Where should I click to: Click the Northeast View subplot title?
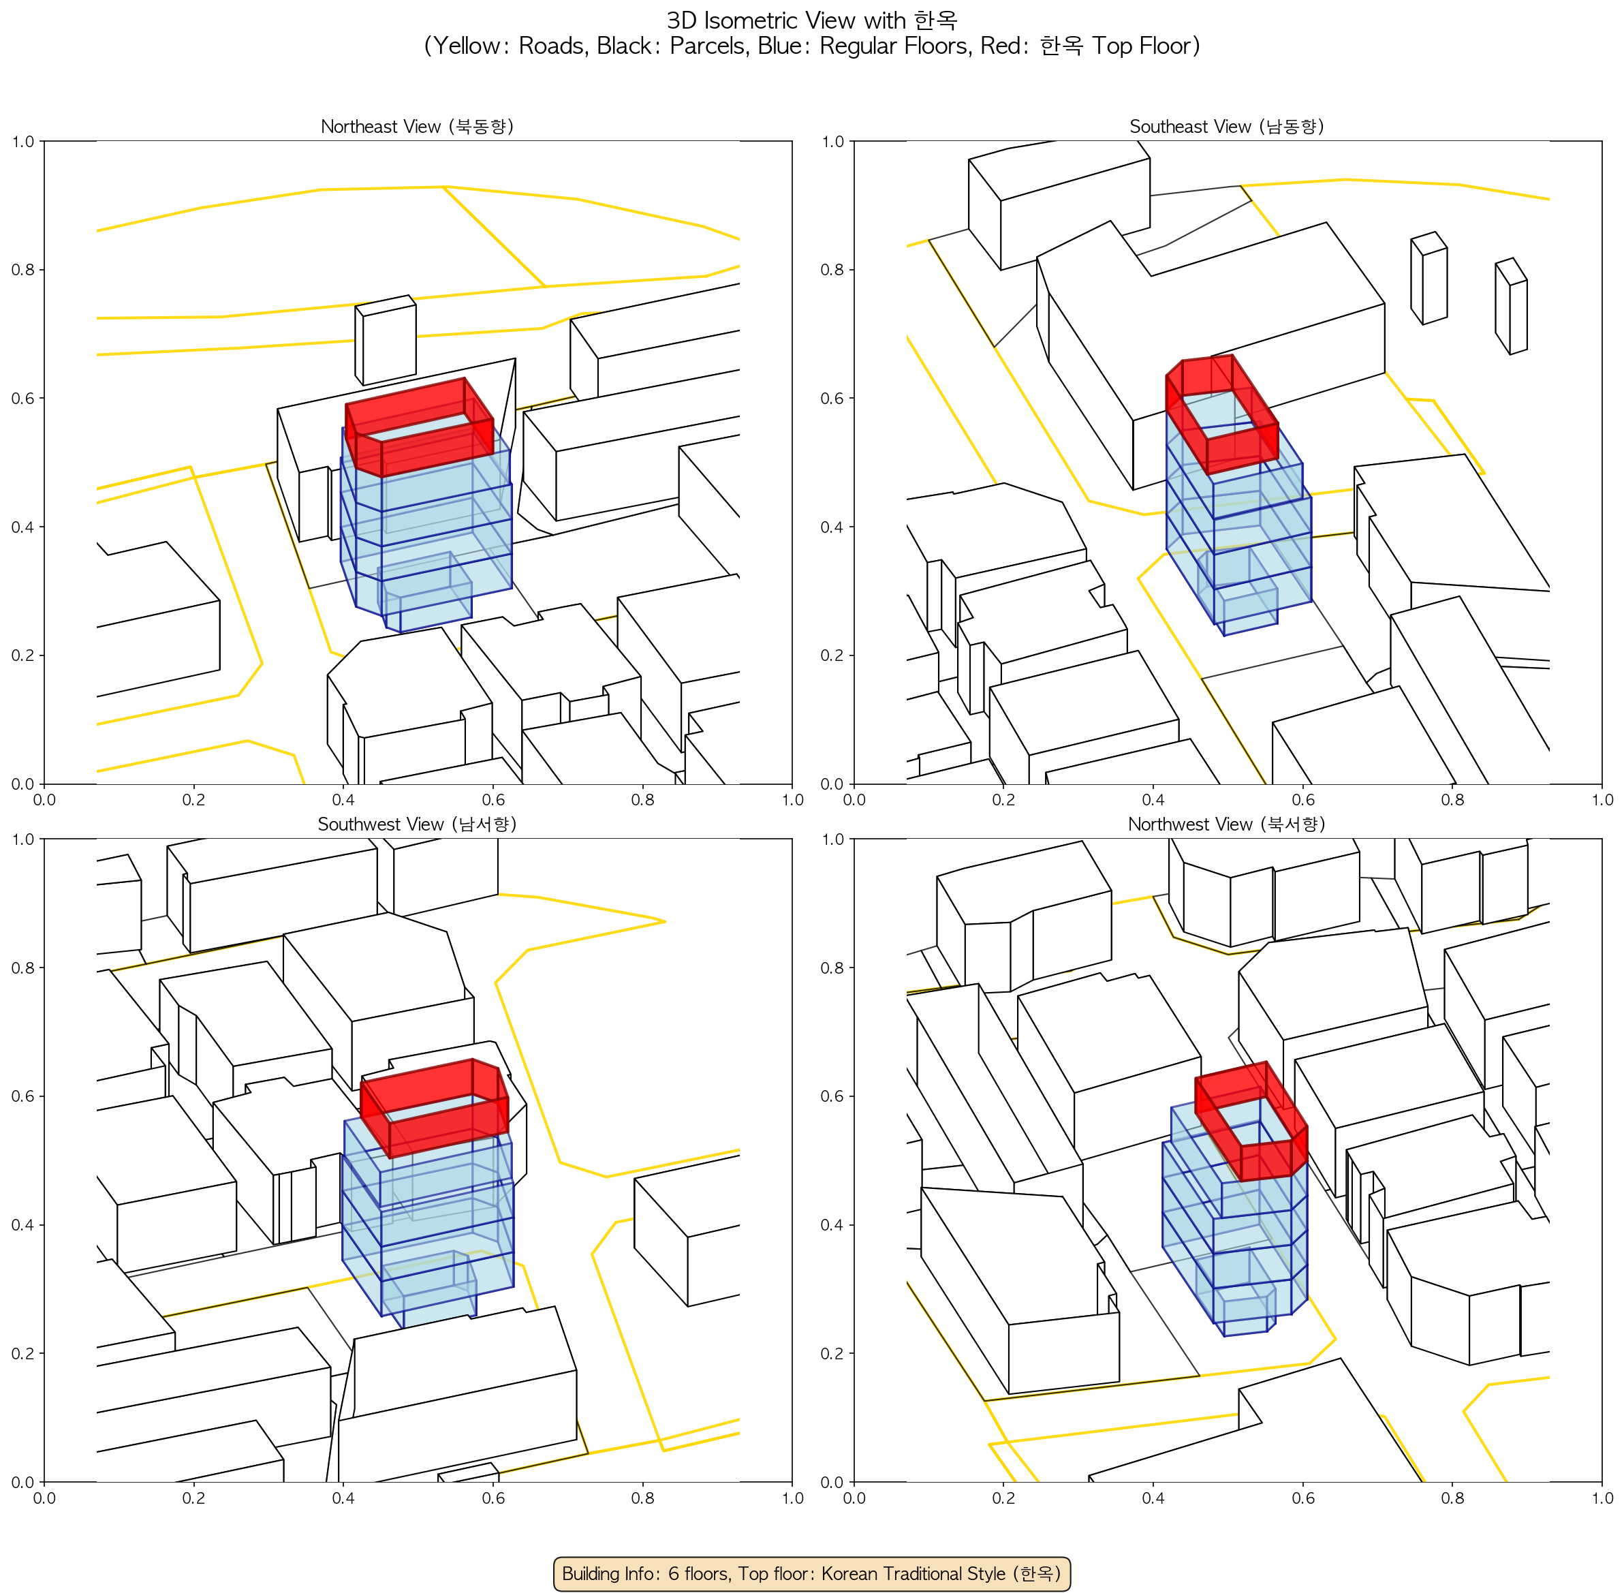coord(417,126)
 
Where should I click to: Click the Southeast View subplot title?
coord(1227,126)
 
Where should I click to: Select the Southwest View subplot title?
coord(417,824)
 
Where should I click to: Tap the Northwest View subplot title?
coord(1227,824)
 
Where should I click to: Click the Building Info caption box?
coord(811,1573)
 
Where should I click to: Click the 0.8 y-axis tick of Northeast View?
coord(22,269)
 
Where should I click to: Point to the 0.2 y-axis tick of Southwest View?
coord(22,1353)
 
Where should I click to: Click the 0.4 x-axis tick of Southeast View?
coord(1153,800)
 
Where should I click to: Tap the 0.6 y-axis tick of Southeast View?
coord(832,398)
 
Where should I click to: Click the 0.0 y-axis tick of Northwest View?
coord(832,1482)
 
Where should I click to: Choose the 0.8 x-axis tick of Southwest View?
coord(642,1498)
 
